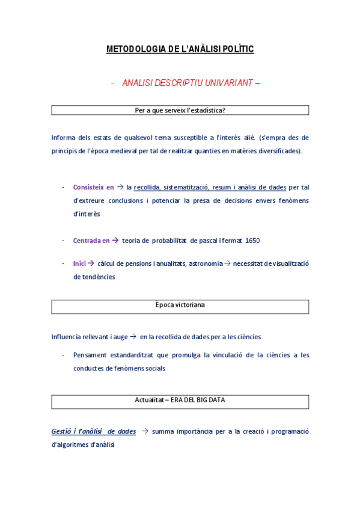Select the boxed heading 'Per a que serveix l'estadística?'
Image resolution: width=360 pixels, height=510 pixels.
point(180,110)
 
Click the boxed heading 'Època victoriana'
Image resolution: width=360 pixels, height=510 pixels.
point(180,306)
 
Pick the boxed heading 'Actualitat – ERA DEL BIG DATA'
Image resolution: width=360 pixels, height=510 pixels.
point(180,400)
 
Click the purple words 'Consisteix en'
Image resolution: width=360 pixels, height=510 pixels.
point(93,187)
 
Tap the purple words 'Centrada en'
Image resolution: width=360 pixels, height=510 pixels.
point(91,241)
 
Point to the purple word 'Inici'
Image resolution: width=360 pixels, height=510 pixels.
point(79,263)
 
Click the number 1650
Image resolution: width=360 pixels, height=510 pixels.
point(252,241)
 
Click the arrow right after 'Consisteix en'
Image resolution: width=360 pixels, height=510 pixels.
point(120,187)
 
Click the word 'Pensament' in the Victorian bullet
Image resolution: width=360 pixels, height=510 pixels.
point(91,355)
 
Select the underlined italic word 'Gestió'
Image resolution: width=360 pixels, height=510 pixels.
point(61,431)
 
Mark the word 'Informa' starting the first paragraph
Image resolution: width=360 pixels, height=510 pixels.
point(63,138)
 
